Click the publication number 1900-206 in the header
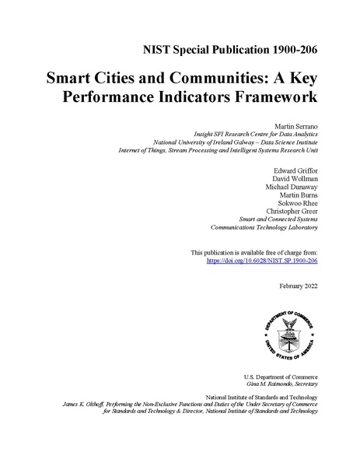coord(288,51)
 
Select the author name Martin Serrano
coord(296,124)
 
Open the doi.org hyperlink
coord(262,262)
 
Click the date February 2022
coord(298,286)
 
